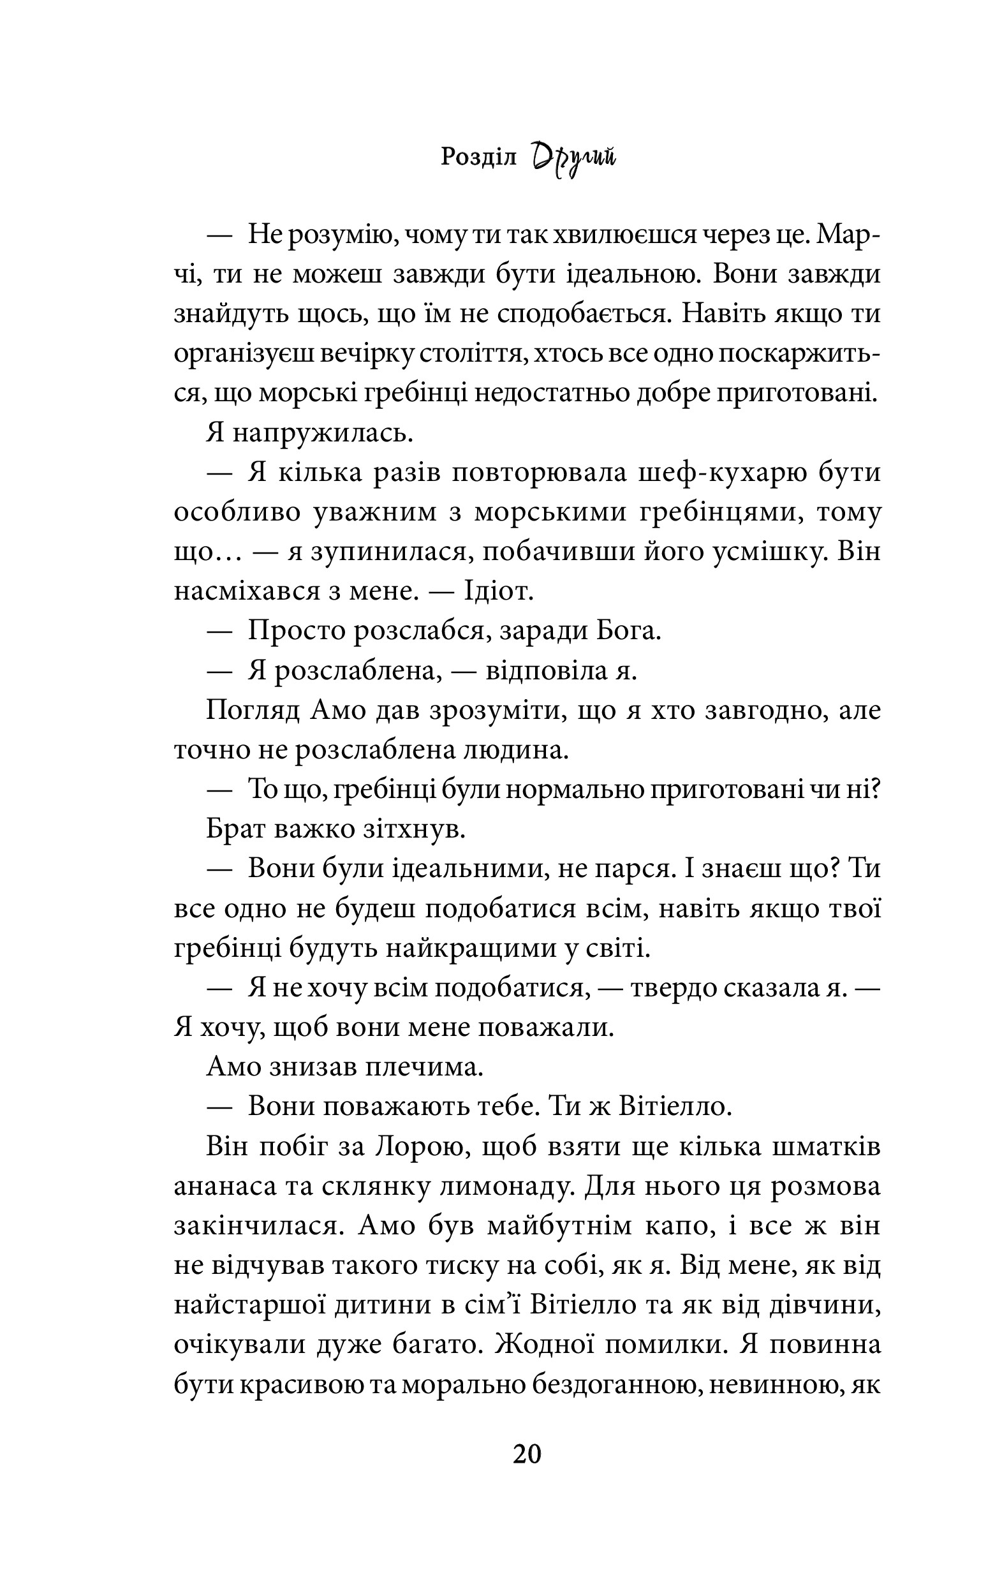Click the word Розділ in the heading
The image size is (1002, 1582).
(x=479, y=158)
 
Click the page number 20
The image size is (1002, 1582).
(x=526, y=1454)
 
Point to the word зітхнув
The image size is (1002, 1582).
(x=414, y=830)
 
